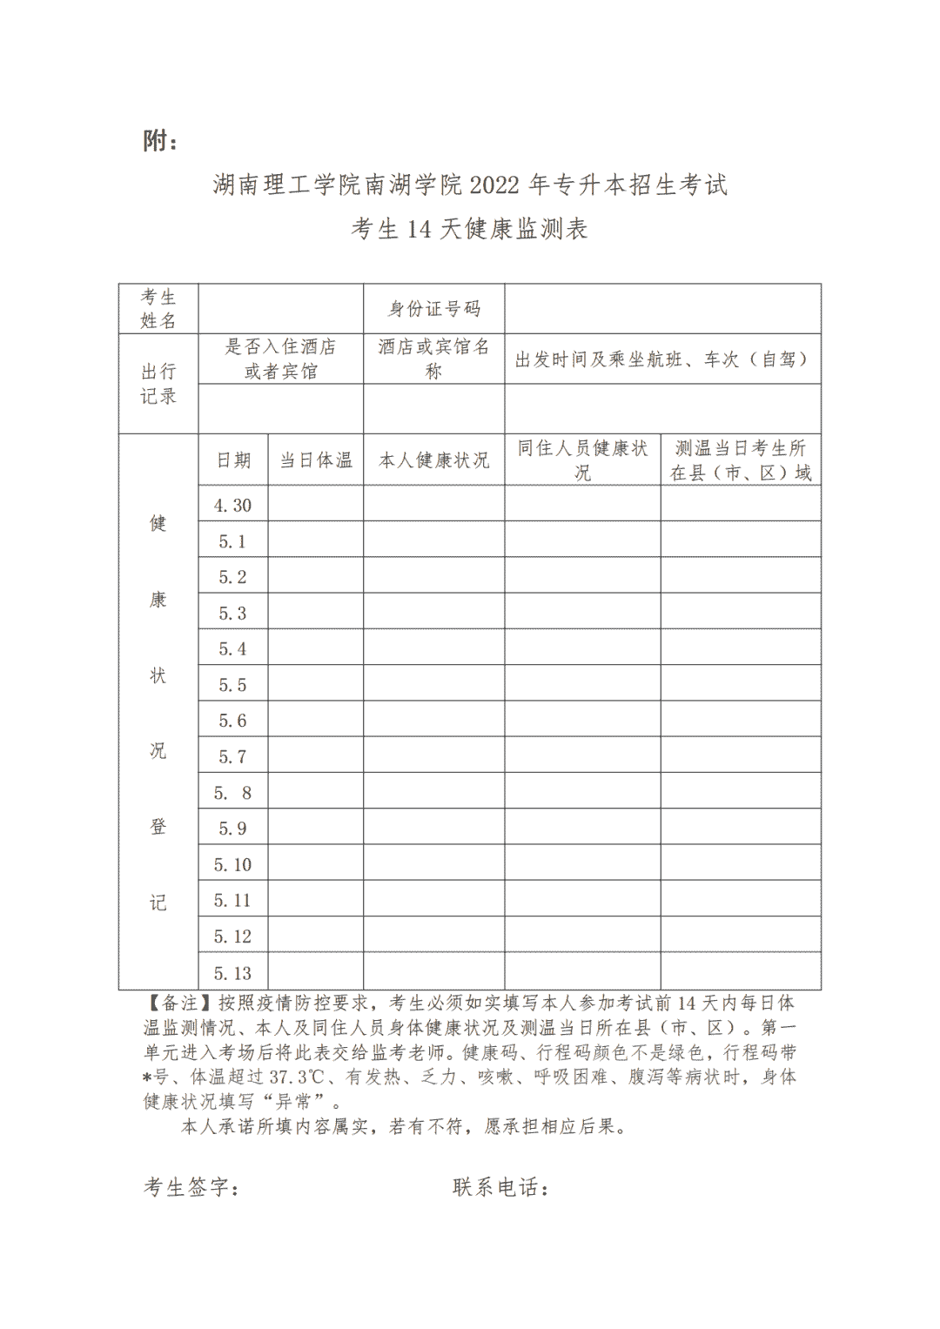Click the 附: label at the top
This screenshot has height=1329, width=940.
(161, 140)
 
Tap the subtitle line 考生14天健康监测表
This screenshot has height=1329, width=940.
(470, 229)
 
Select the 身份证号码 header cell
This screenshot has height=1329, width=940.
(433, 309)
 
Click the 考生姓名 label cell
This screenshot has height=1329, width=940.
(158, 309)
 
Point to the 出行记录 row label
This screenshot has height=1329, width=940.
(158, 384)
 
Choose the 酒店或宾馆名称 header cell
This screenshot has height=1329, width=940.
(433, 359)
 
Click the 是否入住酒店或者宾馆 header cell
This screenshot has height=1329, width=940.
(280, 359)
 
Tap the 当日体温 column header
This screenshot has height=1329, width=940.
(315, 460)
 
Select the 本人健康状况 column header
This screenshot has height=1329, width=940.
(433, 460)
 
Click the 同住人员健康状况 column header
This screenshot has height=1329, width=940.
(582, 460)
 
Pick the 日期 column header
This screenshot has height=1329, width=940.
(233, 460)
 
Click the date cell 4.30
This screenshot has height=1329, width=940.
(232, 506)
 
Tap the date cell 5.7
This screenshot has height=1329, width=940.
(232, 757)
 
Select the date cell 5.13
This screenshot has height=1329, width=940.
(232, 973)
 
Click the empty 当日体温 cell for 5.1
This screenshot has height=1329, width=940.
(315, 540)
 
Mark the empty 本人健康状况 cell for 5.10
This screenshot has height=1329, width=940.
(433, 863)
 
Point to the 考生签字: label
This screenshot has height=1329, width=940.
(191, 1187)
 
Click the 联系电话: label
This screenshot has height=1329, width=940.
(500, 1187)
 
